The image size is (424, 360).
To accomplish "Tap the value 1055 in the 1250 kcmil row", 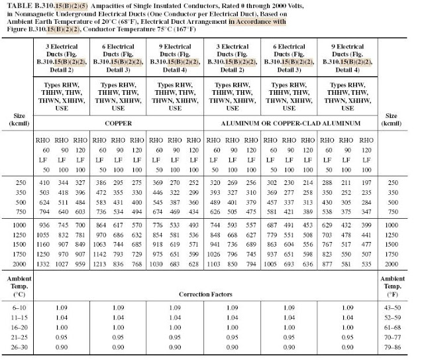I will point(44,235).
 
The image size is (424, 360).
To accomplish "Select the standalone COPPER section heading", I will point(118,124).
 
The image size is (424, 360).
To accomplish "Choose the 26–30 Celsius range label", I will point(18,347).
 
